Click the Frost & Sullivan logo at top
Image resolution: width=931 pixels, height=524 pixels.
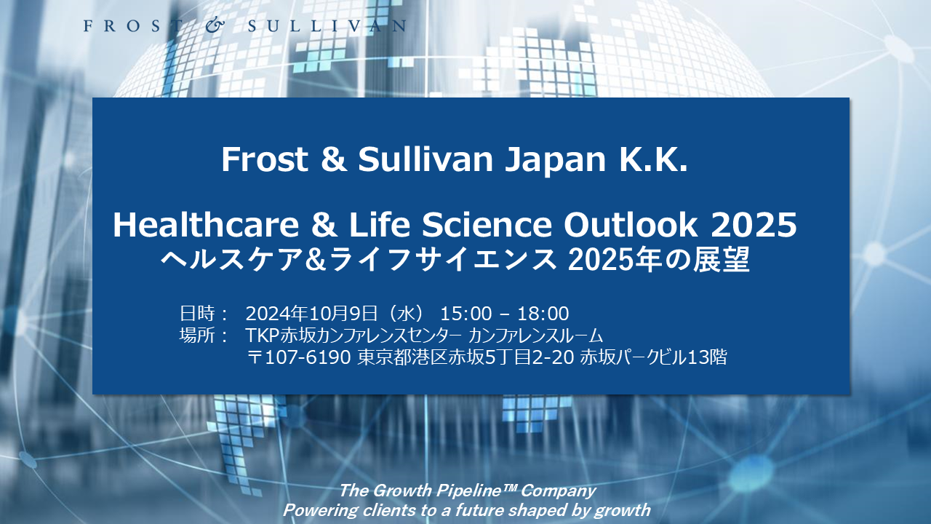point(244,26)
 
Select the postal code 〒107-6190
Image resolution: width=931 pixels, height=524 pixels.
point(300,357)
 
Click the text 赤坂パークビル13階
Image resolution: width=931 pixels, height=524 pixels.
point(652,357)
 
